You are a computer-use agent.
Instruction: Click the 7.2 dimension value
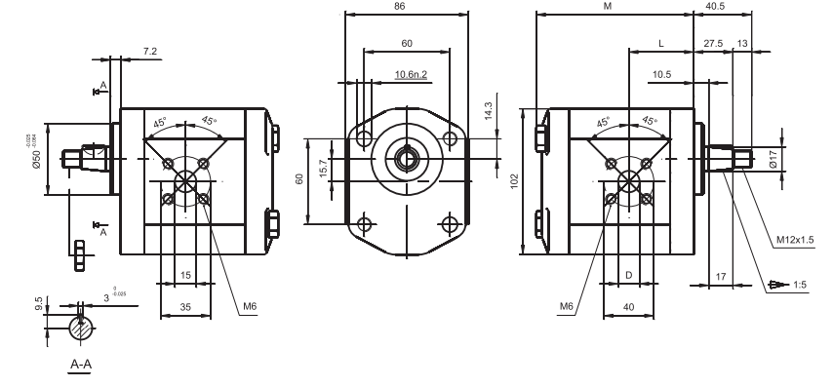coord(149,50)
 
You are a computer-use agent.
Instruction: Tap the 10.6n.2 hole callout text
coord(412,74)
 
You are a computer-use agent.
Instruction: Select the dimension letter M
coord(608,6)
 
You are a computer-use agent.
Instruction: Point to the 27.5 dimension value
coord(712,45)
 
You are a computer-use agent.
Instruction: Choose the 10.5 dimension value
coord(660,74)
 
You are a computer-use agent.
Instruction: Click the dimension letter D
coord(628,277)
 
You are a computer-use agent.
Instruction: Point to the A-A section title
coord(81,365)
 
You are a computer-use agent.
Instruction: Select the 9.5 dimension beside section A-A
coord(37,305)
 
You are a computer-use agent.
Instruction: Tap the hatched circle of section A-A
coord(82,330)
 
